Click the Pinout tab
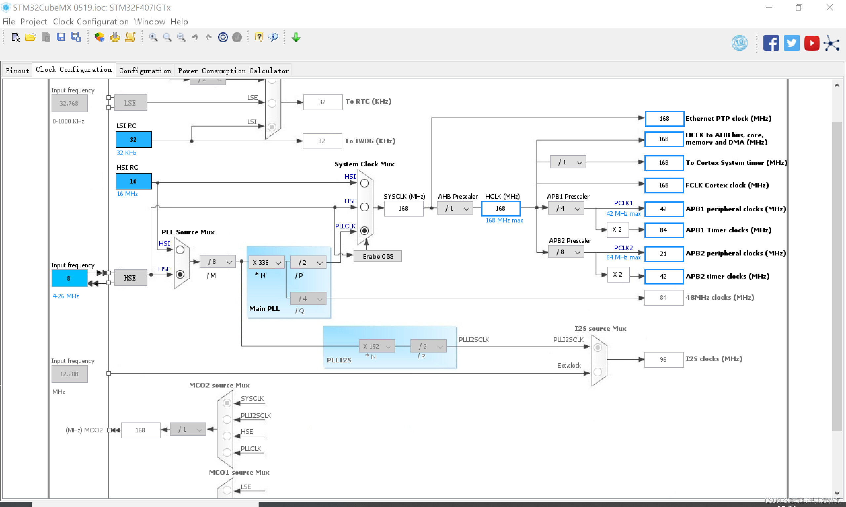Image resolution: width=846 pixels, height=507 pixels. point(17,71)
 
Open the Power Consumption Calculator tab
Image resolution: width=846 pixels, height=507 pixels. point(233,71)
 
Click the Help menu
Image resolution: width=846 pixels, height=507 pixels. point(179,21)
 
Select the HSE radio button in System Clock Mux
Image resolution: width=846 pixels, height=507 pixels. point(365,207)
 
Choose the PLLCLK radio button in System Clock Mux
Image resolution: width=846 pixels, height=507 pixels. point(365,231)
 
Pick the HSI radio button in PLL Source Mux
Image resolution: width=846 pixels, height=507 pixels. point(180,250)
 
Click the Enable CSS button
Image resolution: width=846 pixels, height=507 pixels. point(377,256)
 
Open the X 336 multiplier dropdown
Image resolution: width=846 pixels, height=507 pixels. point(266,262)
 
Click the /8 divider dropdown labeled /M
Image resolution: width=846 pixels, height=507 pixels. point(218,262)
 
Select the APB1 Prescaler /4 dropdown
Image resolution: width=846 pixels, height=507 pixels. point(566,208)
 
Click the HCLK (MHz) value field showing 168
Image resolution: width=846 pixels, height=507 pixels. point(501,208)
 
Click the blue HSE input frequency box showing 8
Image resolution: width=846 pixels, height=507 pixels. point(69,278)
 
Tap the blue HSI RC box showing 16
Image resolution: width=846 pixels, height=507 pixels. point(134,181)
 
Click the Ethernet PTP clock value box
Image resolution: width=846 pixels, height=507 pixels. point(664,118)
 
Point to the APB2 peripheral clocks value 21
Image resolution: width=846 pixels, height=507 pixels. point(663,254)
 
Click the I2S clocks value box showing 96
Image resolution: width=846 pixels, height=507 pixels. point(663,359)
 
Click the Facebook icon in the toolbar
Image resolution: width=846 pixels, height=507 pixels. point(771,43)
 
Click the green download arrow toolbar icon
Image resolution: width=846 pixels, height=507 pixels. point(296,37)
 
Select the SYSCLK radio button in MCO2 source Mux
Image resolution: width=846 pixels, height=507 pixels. point(227,403)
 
